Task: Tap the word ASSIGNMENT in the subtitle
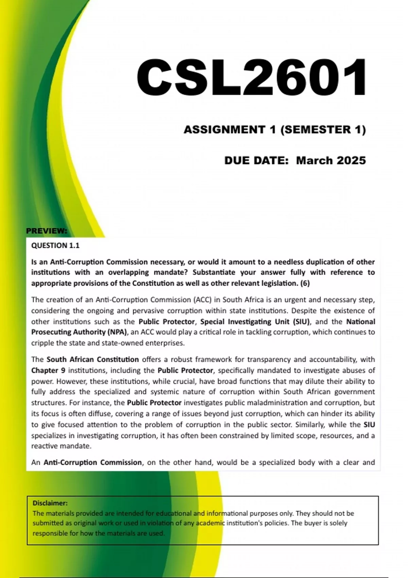tap(225, 130)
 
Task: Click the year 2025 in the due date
tap(349, 160)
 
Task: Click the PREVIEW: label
tap(47, 231)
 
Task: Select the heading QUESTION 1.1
tap(55, 245)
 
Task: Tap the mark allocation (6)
tap(305, 283)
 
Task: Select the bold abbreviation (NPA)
tap(117, 332)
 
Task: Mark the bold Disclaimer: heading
tap(50, 503)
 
